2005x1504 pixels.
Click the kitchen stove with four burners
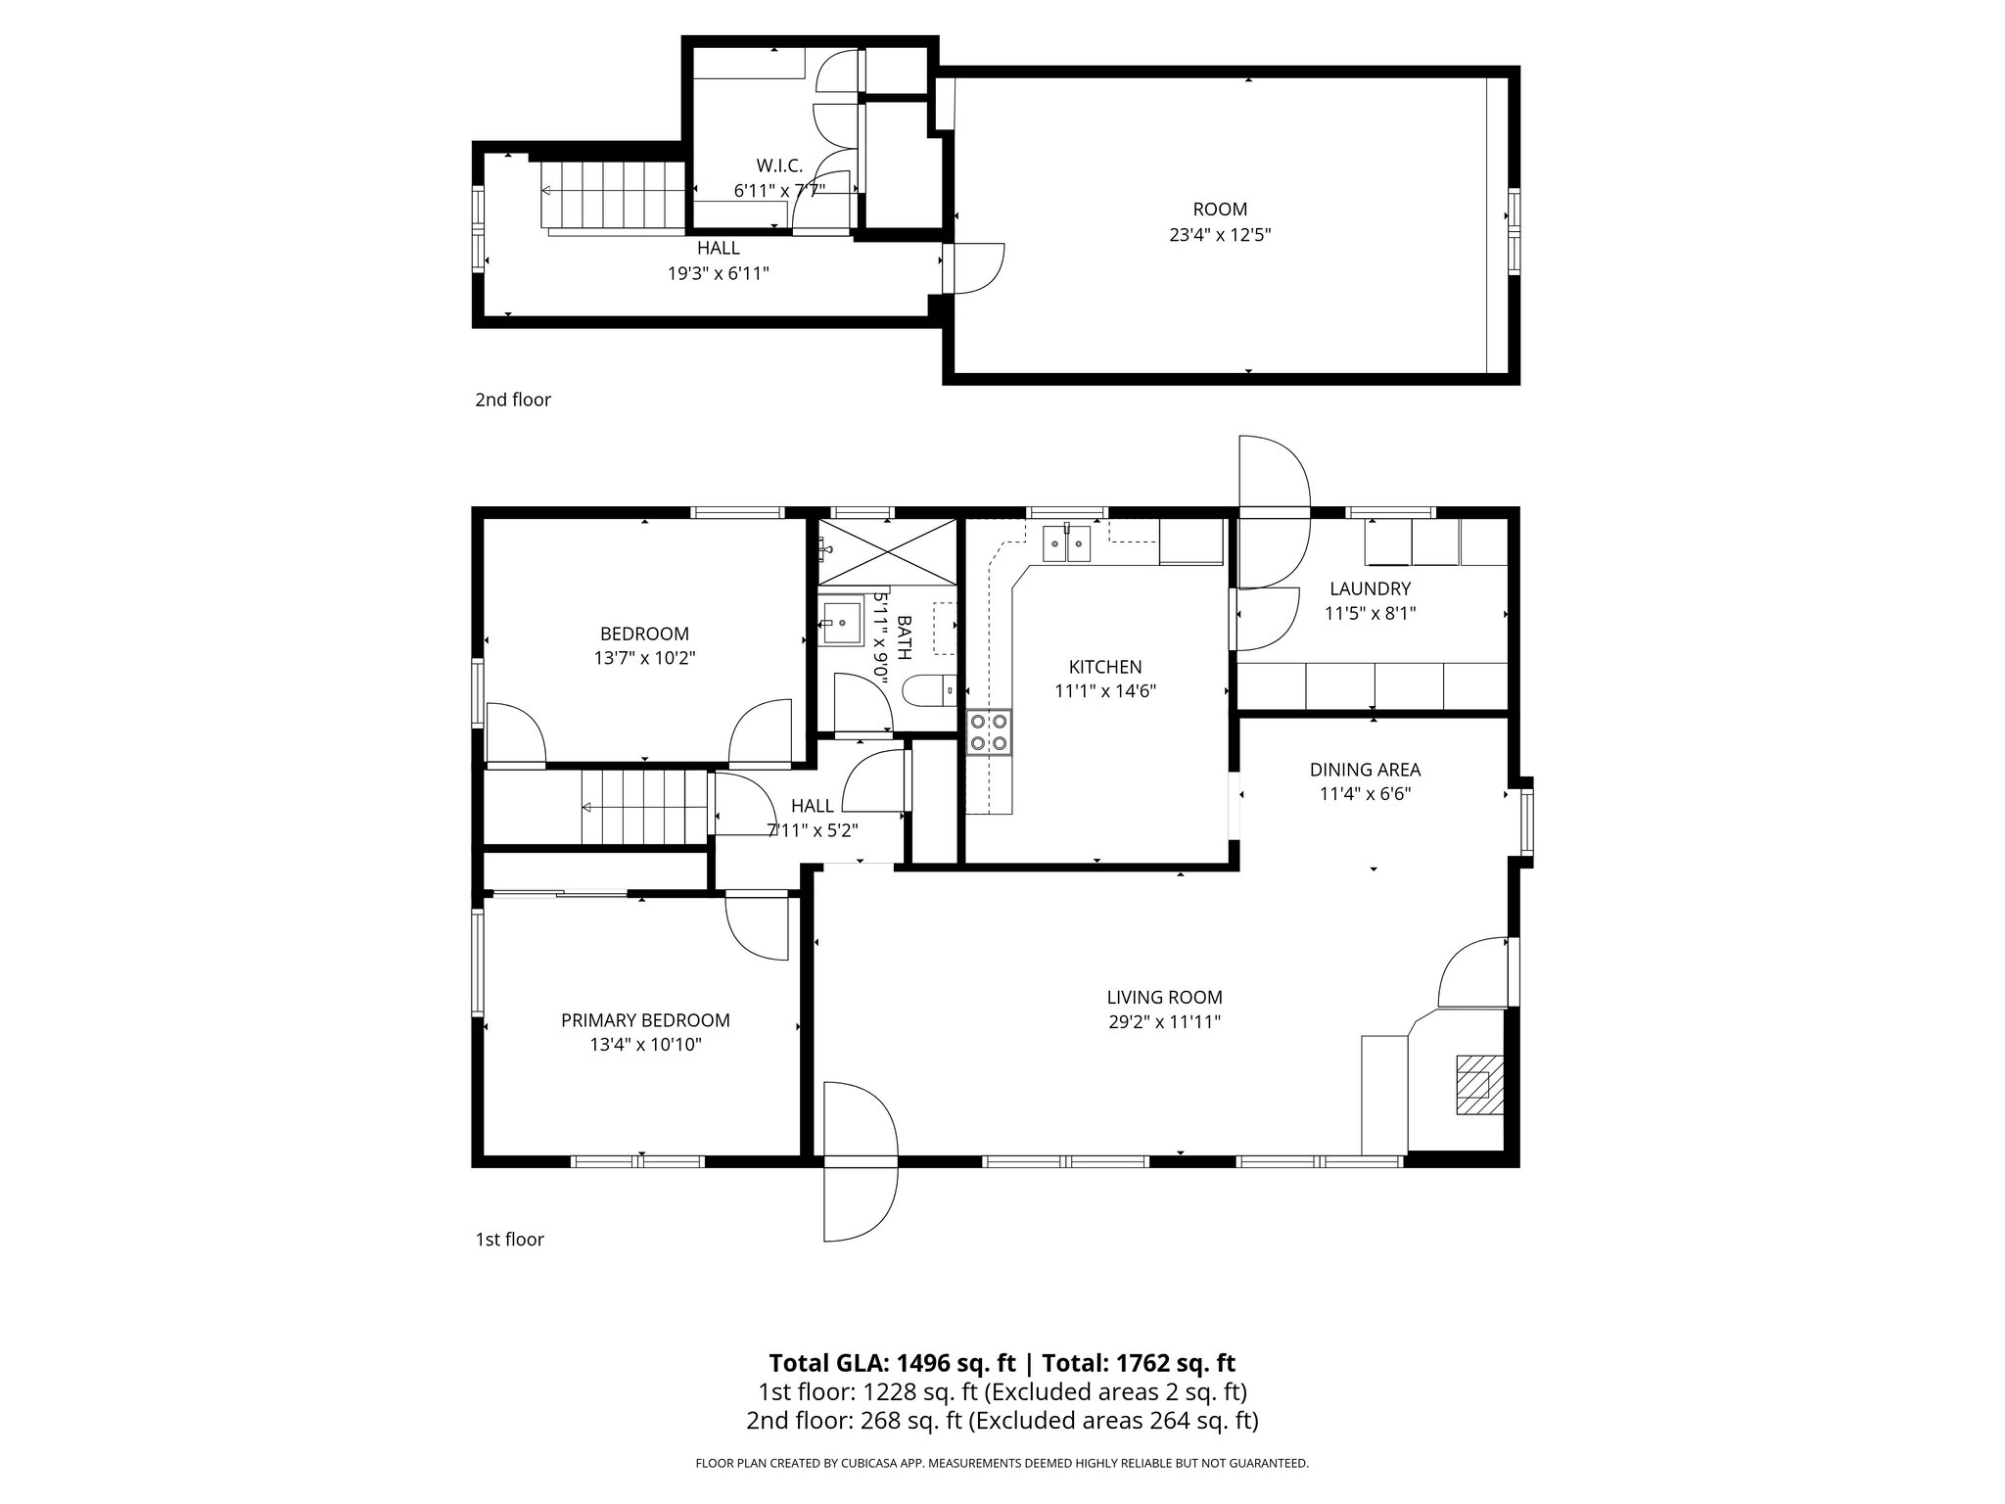pos(989,732)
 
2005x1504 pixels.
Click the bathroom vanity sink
pos(840,622)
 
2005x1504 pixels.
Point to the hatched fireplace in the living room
pos(1479,1084)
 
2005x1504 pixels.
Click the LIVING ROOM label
pos(1164,998)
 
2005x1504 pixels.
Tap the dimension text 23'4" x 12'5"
pos(1220,235)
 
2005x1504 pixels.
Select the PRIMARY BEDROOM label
pos(645,1020)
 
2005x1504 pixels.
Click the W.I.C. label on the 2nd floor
pos(779,165)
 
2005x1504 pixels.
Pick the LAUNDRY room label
pos(1370,588)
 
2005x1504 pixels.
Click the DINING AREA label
pos(1365,770)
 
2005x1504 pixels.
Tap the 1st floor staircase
pos(643,807)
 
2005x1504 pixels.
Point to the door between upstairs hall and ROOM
pos(973,267)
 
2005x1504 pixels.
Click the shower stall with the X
pos(887,552)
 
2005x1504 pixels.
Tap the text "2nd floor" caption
pos(513,399)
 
